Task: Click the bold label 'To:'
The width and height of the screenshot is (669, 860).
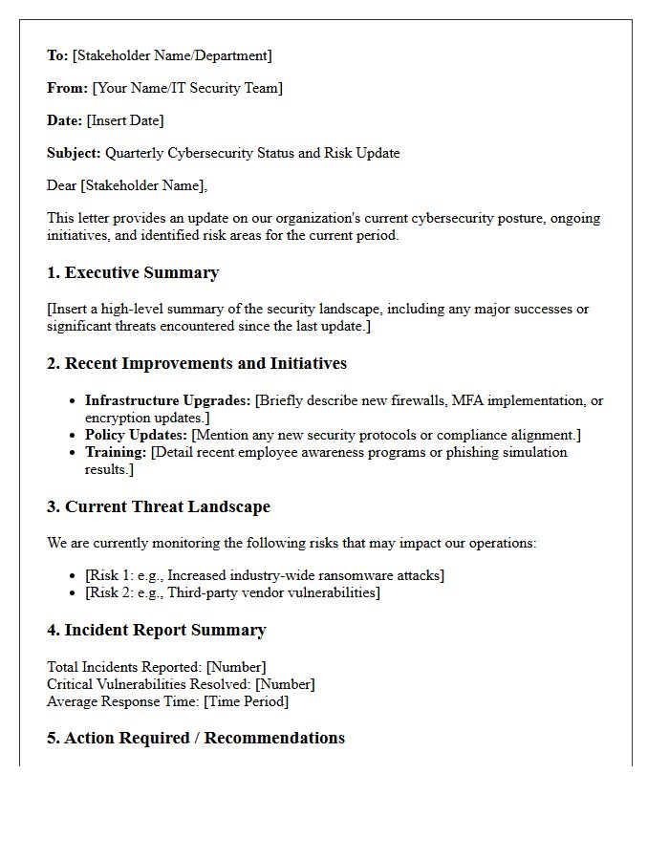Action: tap(57, 55)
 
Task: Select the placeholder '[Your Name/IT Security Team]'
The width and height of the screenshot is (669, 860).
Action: tap(187, 88)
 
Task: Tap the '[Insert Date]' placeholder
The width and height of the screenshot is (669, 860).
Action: tap(125, 120)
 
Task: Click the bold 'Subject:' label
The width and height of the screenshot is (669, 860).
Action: tap(74, 153)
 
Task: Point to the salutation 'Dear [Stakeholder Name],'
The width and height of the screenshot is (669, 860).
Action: tap(127, 185)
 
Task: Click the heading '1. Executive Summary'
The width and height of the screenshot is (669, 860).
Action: tap(133, 273)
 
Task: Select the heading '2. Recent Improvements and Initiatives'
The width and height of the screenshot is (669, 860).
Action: tap(197, 364)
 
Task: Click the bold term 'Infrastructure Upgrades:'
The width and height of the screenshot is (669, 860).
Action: tap(167, 401)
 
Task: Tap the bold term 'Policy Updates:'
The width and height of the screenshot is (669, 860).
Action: tap(136, 436)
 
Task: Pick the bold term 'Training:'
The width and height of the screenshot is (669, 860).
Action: tap(116, 453)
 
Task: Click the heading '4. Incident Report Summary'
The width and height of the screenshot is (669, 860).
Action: tap(157, 631)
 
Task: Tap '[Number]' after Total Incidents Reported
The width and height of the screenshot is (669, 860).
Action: tap(236, 667)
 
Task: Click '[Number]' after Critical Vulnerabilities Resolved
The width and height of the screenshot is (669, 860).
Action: tap(284, 684)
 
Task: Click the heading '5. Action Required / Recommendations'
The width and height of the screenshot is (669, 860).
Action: tap(196, 739)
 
